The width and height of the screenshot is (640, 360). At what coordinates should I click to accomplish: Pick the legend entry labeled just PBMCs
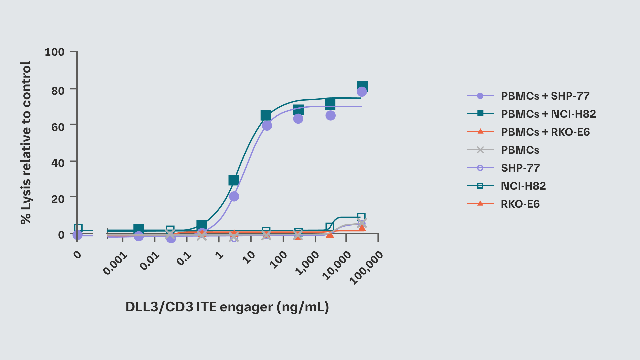pyautogui.click(x=520, y=150)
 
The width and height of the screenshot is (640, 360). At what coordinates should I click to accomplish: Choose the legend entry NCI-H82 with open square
pyautogui.click(x=523, y=186)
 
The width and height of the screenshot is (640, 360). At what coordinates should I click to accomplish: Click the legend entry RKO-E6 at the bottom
pyautogui.click(x=520, y=204)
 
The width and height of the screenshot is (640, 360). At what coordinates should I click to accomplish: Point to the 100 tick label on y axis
pyautogui.click(x=55, y=52)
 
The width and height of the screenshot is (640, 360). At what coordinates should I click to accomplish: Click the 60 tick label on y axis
pyautogui.click(x=58, y=127)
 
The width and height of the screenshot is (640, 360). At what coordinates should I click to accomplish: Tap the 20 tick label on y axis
pyautogui.click(x=58, y=199)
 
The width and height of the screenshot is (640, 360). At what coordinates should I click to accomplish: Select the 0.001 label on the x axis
pyautogui.click(x=115, y=263)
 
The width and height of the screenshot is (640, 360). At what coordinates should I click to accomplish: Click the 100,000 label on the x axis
pyautogui.click(x=366, y=268)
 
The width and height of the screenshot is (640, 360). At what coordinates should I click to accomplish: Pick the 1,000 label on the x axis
pyautogui.click(x=307, y=263)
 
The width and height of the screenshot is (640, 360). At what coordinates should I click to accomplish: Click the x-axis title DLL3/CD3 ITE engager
pyautogui.click(x=227, y=307)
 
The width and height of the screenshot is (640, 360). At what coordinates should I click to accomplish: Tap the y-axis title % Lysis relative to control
pyautogui.click(x=26, y=143)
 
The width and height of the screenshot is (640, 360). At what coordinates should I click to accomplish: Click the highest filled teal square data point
pyautogui.click(x=362, y=87)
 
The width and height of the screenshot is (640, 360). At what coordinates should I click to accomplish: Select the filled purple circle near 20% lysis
pyautogui.click(x=234, y=196)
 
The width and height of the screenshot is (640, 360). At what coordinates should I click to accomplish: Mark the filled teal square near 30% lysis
pyautogui.click(x=234, y=180)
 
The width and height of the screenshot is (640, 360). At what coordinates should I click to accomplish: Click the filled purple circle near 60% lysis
pyautogui.click(x=267, y=126)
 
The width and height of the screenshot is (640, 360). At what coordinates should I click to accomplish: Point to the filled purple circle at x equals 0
pyautogui.click(x=77, y=235)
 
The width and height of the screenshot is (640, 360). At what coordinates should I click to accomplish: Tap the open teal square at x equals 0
pyautogui.click(x=78, y=228)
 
